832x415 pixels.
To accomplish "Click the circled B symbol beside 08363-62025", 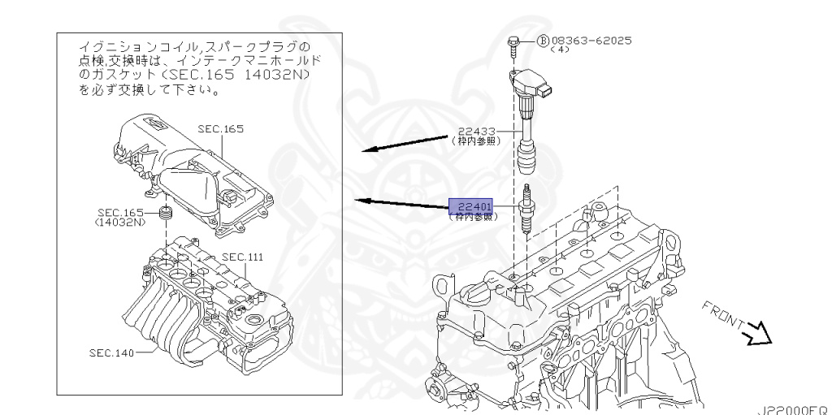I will (544, 40).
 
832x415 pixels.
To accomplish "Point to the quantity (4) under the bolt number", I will (560, 50).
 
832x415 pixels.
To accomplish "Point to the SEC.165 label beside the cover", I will (220, 129).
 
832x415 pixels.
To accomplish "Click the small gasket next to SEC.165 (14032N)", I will (168, 215).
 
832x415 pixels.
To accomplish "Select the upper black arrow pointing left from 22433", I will (406, 144).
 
